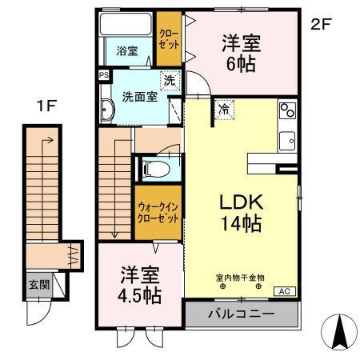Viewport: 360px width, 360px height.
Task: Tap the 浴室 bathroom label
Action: pyautogui.click(x=127, y=51)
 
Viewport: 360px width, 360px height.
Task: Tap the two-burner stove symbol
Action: pyautogui.click(x=286, y=110)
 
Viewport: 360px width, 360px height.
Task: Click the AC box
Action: pyautogui.click(x=284, y=291)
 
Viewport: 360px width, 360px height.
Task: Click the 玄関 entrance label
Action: pyautogui.click(x=38, y=284)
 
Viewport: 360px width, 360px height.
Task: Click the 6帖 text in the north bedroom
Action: pyautogui.click(x=240, y=63)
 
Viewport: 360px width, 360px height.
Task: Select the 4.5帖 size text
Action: pyautogui.click(x=136, y=296)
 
